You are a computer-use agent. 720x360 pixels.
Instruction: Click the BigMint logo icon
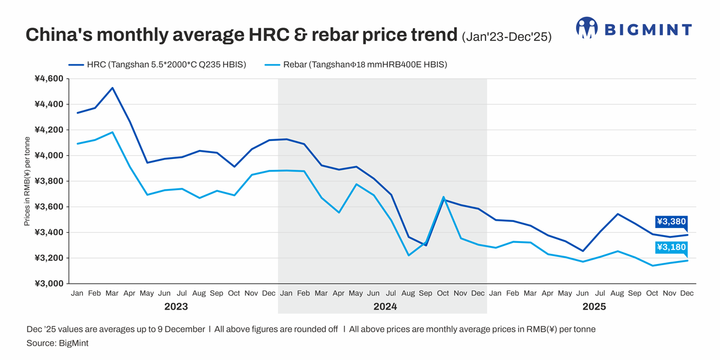click(587, 28)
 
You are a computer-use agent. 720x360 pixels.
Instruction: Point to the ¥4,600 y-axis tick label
click(49, 79)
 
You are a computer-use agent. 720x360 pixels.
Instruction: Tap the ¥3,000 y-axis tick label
click(49, 284)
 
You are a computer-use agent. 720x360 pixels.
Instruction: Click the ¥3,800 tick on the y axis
click(49, 181)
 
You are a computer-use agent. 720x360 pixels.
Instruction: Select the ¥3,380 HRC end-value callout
click(671, 222)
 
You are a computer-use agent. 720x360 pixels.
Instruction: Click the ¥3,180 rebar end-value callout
click(671, 247)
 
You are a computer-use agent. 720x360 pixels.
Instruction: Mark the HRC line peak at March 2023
click(112, 88)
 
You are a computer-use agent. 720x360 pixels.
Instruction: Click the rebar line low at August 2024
click(408, 255)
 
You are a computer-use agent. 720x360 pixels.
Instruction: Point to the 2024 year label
click(382, 307)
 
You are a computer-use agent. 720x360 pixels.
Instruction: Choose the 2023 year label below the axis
click(175, 307)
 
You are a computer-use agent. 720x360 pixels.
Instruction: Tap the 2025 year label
click(593, 307)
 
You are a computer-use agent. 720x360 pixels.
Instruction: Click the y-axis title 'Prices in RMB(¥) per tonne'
click(27, 181)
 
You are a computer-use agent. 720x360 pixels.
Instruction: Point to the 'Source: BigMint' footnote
click(57, 343)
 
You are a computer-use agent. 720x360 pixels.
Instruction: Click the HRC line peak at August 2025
click(617, 214)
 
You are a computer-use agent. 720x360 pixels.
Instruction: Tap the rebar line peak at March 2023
click(112, 133)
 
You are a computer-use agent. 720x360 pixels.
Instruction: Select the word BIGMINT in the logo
click(647, 29)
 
